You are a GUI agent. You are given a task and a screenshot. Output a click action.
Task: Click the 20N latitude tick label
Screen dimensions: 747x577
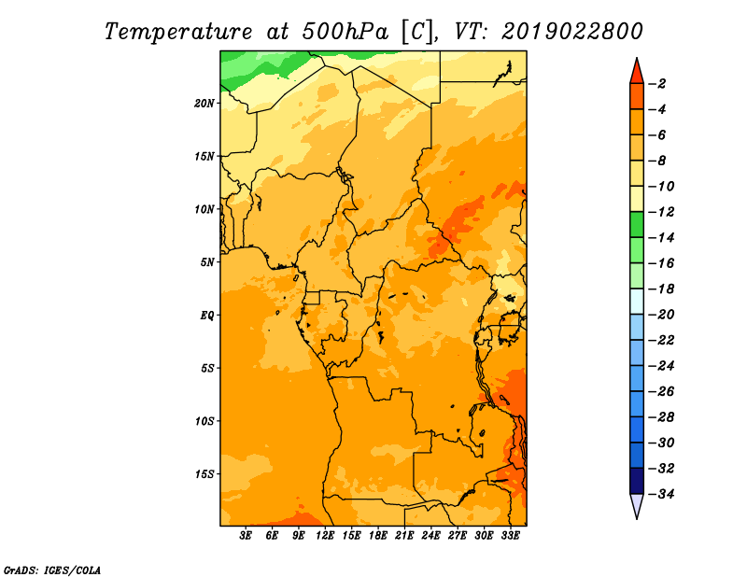[204, 104]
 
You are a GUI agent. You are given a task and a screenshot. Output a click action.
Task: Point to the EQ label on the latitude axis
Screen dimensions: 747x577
[207, 316]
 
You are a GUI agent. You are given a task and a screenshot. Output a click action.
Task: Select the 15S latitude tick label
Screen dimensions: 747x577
[204, 474]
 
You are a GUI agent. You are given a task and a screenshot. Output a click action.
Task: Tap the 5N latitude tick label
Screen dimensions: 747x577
[207, 262]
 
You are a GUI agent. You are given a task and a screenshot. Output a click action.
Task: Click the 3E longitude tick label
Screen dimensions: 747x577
[246, 536]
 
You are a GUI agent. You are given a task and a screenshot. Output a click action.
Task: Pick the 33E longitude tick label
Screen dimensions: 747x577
[510, 536]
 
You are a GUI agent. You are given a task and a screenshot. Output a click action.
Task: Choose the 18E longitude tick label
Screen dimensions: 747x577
[378, 536]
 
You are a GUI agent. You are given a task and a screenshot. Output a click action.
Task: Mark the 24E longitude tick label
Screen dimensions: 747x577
[430, 536]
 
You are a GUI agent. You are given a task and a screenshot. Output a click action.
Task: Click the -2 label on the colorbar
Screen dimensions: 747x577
[657, 84]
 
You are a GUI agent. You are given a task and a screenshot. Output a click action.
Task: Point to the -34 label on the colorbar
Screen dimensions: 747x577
[661, 494]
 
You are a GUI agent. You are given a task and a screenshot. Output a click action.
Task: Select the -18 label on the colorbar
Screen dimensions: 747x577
[661, 289]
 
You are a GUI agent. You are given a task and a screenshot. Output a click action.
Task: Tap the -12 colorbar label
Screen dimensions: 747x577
[661, 212]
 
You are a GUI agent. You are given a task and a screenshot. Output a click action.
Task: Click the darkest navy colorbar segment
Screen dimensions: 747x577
[637, 481]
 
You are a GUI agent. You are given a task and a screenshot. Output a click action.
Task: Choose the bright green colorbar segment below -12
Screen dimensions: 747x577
[637, 225]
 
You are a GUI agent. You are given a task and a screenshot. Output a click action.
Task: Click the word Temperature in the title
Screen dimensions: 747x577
[178, 32]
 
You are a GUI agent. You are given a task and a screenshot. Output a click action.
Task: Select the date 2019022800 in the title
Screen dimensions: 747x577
[571, 32]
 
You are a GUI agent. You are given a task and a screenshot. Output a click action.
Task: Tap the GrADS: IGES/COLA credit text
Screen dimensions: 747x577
[52, 570]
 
